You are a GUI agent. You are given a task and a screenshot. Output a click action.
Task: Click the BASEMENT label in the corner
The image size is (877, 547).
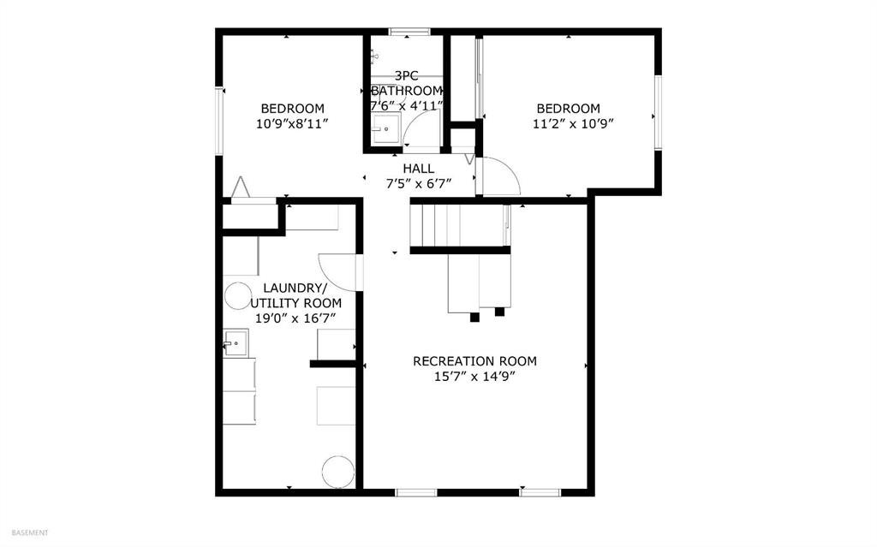(30, 533)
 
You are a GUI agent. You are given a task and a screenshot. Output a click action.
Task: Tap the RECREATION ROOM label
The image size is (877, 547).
(474, 361)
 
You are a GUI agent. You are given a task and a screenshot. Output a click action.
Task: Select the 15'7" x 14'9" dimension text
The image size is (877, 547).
(474, 377)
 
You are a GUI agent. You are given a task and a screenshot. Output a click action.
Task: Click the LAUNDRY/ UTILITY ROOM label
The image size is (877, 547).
(295, 296)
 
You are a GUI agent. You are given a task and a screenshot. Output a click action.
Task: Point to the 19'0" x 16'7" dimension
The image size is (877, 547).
(295, 318)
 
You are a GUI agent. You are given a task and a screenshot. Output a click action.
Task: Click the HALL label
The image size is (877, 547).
(418, 169)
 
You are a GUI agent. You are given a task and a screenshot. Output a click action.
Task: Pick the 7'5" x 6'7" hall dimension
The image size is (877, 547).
(418, 183)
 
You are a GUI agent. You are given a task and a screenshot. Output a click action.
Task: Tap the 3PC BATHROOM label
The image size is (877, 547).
(407, 83)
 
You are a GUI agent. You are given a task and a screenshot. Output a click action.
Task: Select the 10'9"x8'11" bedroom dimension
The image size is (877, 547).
(292, 123)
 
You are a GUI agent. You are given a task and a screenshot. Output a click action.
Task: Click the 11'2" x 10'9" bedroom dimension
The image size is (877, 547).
(573, 123)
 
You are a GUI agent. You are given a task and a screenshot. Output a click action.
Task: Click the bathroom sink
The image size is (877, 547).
(385, 129)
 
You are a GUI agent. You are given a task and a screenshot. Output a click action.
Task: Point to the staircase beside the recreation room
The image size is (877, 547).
(460, 225)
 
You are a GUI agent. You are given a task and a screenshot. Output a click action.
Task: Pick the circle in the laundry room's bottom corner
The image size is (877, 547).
(338, 472)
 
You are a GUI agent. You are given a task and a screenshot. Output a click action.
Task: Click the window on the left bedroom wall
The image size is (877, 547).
(220, 120)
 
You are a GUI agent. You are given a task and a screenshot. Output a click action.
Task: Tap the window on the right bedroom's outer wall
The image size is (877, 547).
(659, 112)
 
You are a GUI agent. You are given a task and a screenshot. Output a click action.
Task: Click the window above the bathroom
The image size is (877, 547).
(409, 32)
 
